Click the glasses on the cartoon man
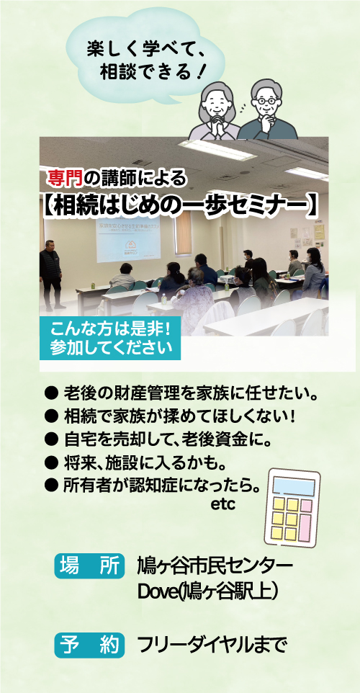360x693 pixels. pyautogui.click(x=266, y=101)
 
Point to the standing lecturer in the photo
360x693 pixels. pyautogui.click(x=51, y=274)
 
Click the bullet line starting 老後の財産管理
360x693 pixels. pyautogui.click(x=182, y=393)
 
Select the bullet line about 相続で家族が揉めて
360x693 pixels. pyautogui.click(x=170, y=416)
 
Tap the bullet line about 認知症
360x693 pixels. pyautogui.click(x=153, y=486)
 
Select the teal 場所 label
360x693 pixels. pyautogui.click(x=89, y=565)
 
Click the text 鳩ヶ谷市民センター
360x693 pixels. pyautogui.click(x=215, y=567)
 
